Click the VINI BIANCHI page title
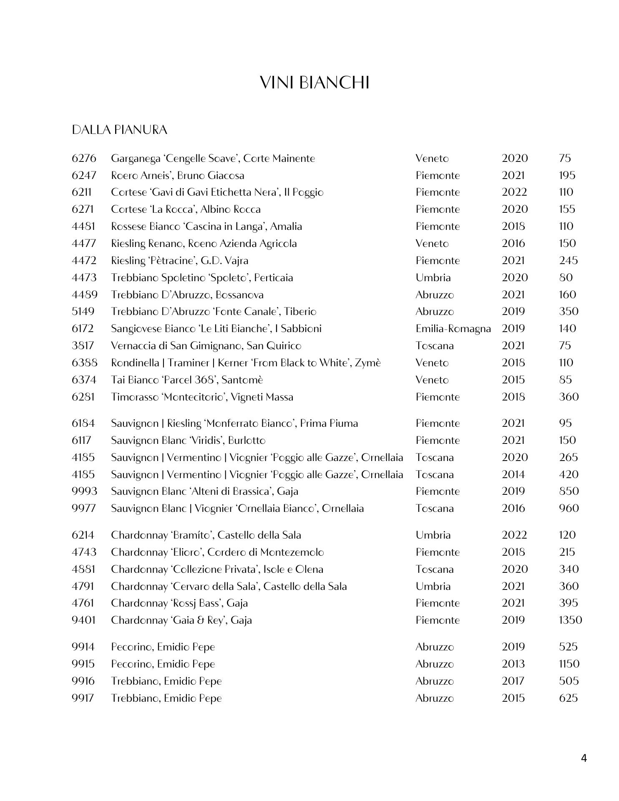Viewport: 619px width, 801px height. [315, 83]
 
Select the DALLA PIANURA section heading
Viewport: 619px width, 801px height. [119, 130]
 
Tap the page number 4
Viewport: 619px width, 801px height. [584, 758]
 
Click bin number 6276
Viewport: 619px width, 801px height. [84, 159]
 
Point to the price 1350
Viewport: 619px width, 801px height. [570, 620]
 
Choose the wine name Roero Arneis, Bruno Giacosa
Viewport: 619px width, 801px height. [177, 176]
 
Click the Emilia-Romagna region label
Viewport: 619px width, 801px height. [453, 329]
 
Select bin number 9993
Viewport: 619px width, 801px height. [84, 491]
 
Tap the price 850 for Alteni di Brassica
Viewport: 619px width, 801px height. [569, 491]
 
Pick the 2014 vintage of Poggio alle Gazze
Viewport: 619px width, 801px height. [513, 475]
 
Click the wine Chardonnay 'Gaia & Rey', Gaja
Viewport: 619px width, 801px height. [181, 620]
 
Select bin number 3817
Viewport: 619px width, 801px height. [83, 346]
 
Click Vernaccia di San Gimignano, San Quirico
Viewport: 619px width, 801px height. [206, 346]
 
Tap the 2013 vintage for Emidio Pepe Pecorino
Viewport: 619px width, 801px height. [513, 664]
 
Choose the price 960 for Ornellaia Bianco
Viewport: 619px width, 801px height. [569, 509]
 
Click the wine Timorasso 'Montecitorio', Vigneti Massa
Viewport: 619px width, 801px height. [202, 397]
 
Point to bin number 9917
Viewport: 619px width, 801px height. [83, 698]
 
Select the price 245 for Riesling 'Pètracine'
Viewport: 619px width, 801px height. [568, 261]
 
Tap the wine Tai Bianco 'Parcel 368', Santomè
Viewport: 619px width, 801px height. [187, 380]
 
